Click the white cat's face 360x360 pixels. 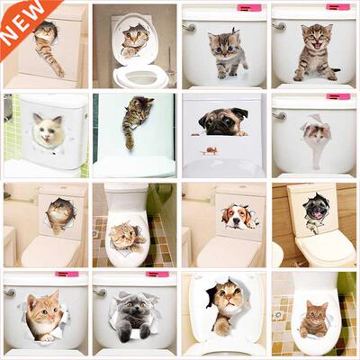(47, 132)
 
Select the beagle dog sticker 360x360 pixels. (235, 216)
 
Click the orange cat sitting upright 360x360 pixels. (315, 317)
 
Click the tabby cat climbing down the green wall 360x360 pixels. (135, 120)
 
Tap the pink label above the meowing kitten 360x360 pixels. (338, 7)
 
